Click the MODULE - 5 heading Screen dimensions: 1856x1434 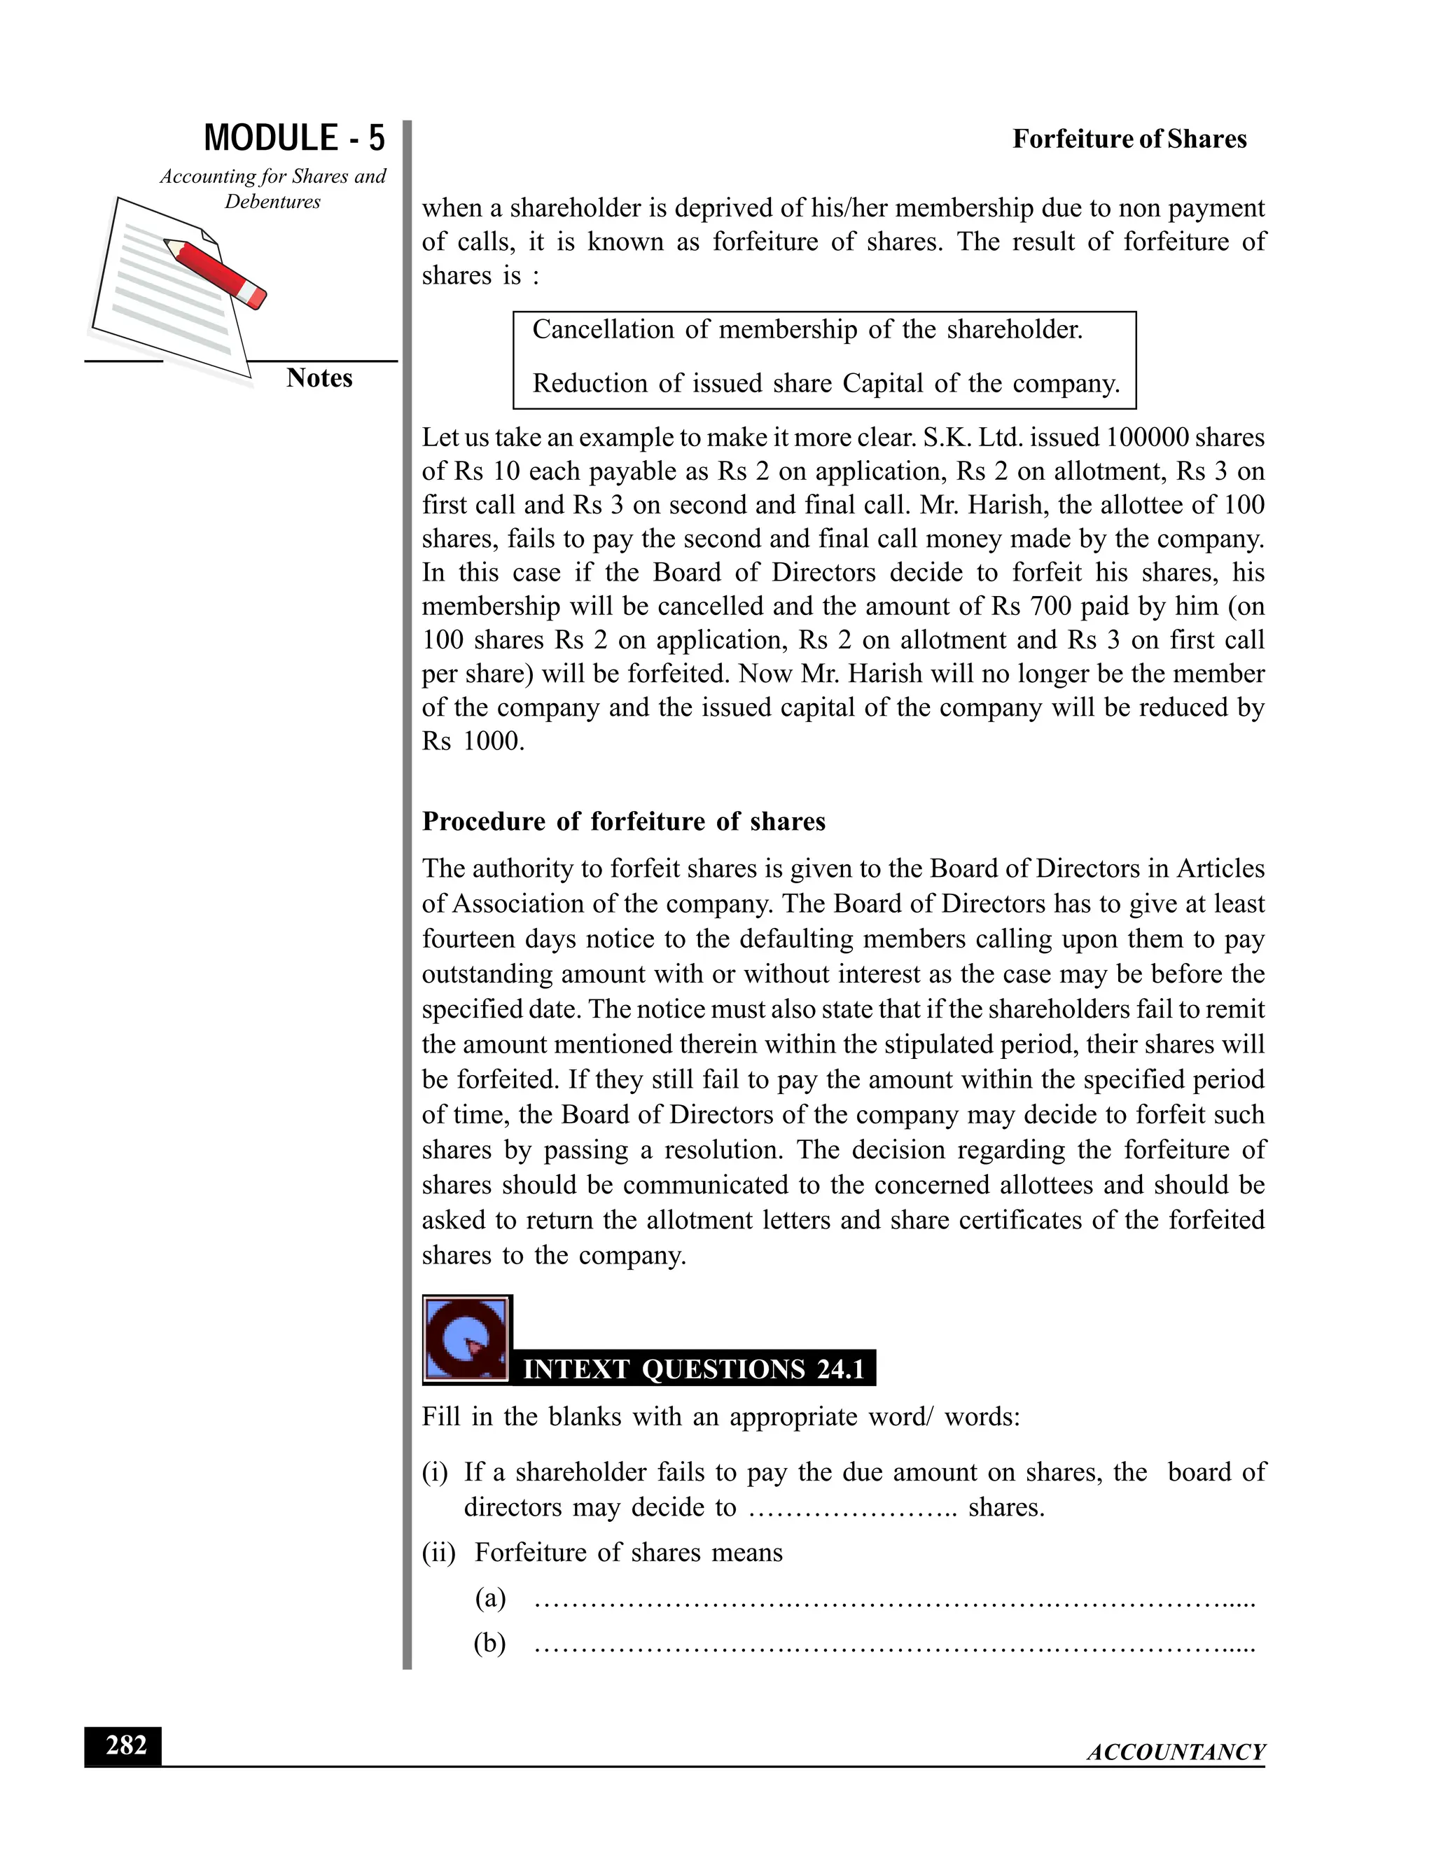[x=294, y=139]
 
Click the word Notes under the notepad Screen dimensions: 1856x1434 [x=319, y=378]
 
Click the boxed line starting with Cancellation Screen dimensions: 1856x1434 [x=807, y=330]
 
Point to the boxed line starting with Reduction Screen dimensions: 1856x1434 [x=825, y=383]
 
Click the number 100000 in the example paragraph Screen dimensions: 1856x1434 [x=1147, y=438]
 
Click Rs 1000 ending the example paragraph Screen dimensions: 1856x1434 [x=473, y=741]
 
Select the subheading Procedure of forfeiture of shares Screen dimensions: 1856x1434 [x=624, y=822]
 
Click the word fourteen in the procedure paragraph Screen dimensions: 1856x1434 [x=469, y=939]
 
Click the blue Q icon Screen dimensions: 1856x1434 [x=466, y=1340]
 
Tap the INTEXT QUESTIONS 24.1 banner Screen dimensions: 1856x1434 [x=693, y=1369]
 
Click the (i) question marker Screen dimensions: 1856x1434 [x=435, y=1473]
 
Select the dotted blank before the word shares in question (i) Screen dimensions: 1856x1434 [x=852, y=1509]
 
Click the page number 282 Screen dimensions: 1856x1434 [x=124, y=1745]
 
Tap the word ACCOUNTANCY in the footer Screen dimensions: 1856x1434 [x=1176, y=1752]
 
